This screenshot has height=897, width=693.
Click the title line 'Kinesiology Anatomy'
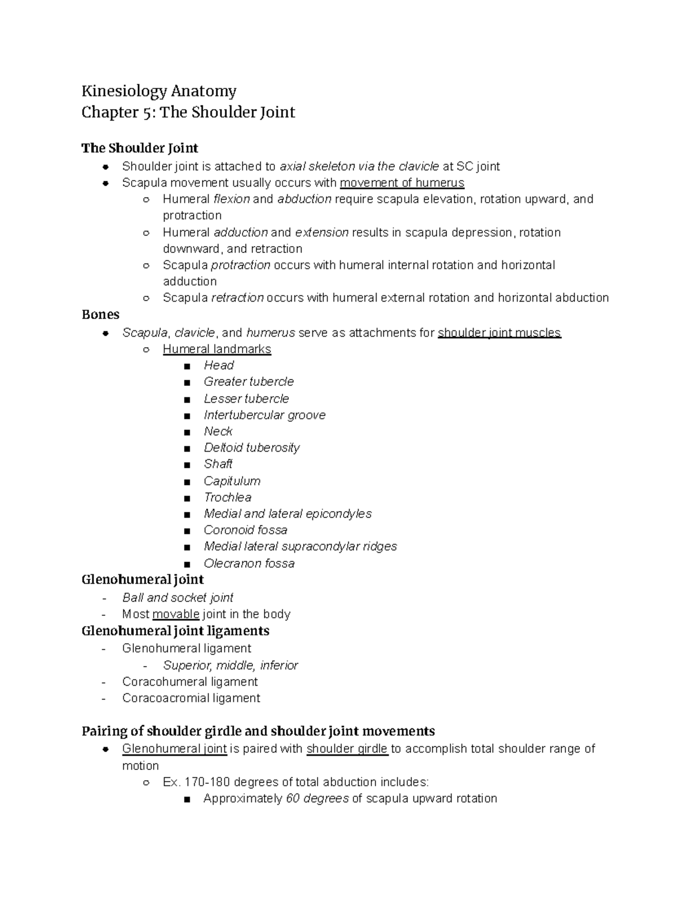(x=159, y=91)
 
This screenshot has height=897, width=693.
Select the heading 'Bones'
(x=100, y=315)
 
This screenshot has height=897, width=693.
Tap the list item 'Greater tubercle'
(x=248, y=382)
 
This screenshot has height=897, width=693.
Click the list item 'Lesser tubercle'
(x=246, y=399)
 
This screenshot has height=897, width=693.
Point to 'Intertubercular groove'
(x=264, y=415)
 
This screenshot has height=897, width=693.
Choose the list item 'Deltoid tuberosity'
(x=251, y=448)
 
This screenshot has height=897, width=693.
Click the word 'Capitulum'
(x=232, y=481)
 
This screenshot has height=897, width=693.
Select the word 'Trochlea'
(x=227, y=497)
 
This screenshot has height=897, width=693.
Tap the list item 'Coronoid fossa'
(x=245, y=530)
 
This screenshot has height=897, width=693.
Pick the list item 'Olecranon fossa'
(x=249, y=564)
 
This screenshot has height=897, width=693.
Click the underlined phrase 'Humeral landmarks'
(x=217, y=349)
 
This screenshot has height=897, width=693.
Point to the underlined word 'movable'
(x=176, y=614)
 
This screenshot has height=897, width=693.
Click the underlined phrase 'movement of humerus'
(x=402, y=183)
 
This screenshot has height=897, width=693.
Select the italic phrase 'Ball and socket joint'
(x=178, y=598)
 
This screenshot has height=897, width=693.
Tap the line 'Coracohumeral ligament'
(x=190, y=682)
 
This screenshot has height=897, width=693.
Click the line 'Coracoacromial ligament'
(x=191, y=698)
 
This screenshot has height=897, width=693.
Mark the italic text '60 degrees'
(x=317, y=799)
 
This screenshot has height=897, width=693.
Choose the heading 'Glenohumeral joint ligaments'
(x=176, y=631)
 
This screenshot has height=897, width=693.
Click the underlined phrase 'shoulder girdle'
(x=347, y=749)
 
